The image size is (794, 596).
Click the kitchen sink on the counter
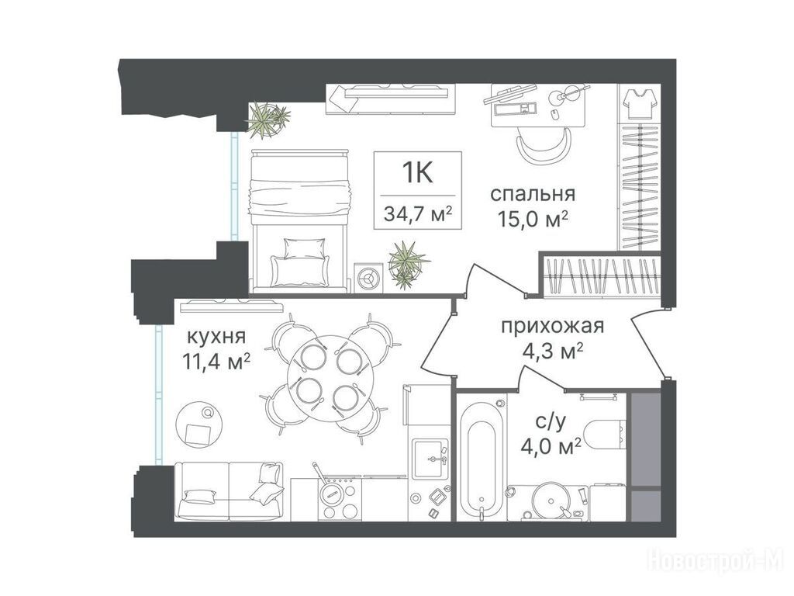pos(430,459)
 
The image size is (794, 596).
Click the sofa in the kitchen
pos(229,491)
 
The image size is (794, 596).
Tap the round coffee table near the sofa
pos(200,424)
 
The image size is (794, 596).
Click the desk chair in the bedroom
pos(544,144)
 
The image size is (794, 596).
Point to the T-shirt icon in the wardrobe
pos(640,103)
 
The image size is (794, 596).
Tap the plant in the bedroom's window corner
pos(267,120)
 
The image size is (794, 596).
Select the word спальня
pos(533,193)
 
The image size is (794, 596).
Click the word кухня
pos(217,336)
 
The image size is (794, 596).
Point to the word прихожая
pos(552,326)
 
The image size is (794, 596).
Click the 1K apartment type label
pos(418,173)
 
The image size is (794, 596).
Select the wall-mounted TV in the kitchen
pos(231,304)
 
